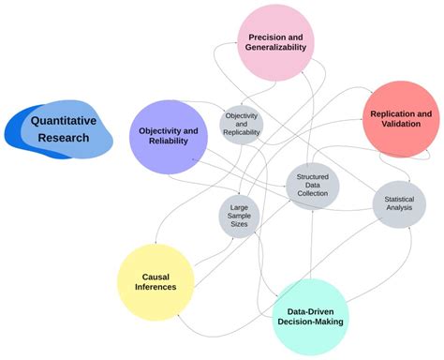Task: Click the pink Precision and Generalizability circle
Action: (274, 42)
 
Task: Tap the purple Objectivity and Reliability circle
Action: (168, 135)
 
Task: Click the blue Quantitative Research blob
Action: (62, 130)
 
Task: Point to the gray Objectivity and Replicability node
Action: (242, 125)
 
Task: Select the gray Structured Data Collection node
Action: (312, 185)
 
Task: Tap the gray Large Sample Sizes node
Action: (238, 216)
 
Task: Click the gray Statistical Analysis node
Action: (398, 202)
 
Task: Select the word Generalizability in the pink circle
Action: (275, 49)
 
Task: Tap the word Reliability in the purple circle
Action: (170, 142)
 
